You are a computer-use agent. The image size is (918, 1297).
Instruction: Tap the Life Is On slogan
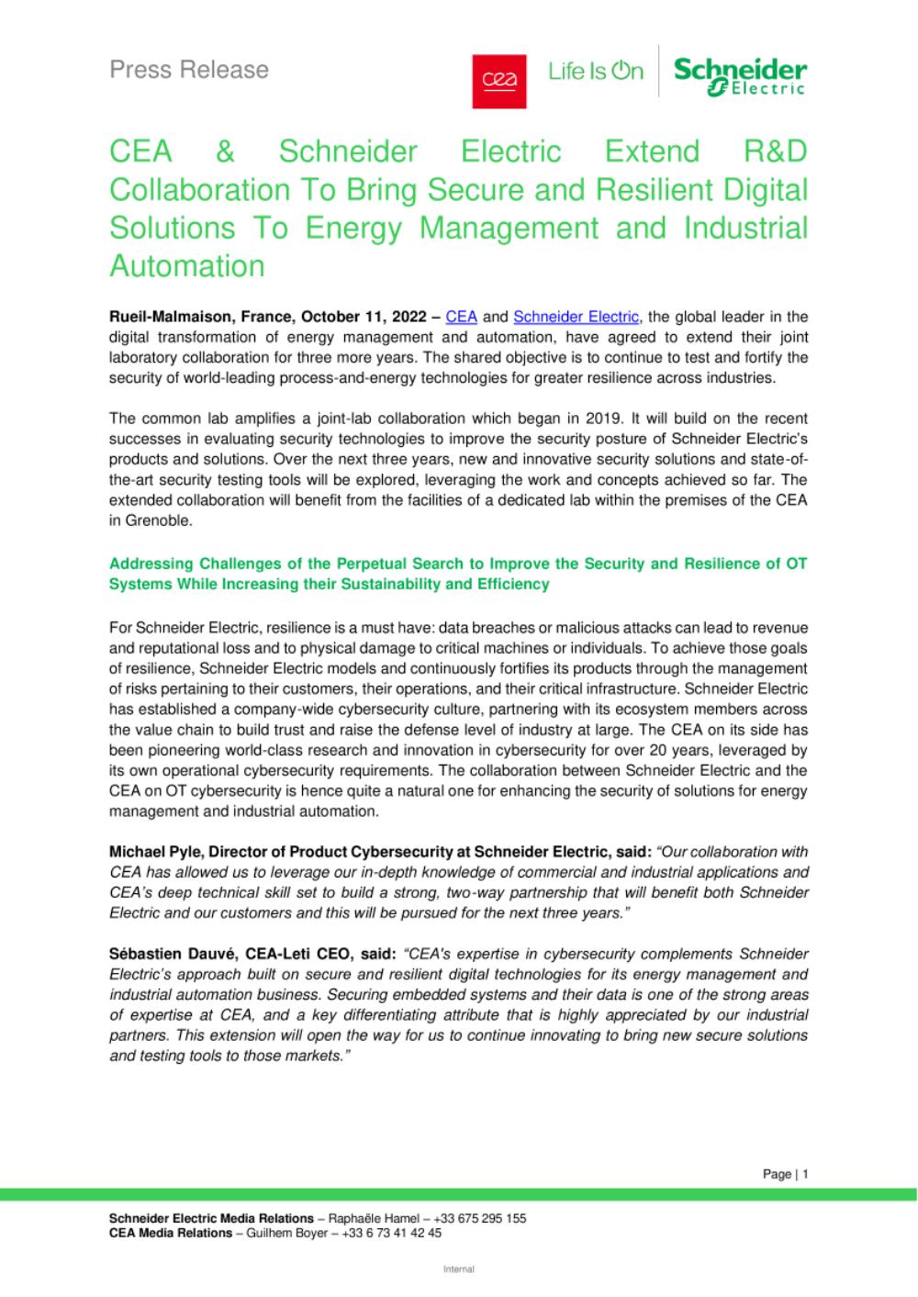click(596, 72)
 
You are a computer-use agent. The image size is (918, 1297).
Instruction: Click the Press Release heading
click(189, 70)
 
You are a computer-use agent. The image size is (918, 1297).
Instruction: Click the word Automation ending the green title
click(186, 266)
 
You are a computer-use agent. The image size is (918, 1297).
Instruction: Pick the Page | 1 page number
click(785, 1174)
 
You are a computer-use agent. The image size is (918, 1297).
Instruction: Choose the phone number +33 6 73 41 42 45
click(391, 1234)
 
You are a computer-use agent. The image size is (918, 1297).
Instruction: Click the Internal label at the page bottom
click(459, 1270)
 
